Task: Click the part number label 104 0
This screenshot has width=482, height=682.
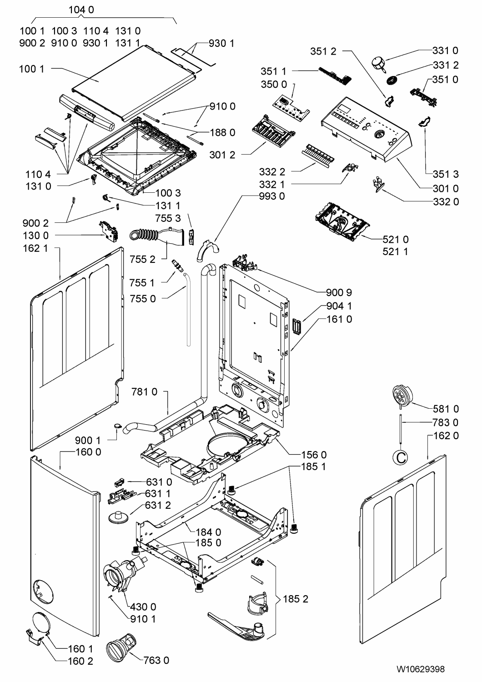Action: tap(81, 10)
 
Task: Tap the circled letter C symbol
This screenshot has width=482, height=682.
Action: tap(401, 457)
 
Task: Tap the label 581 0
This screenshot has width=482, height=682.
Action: tap(446, 409)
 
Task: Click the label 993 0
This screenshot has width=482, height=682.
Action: tap(272, 196)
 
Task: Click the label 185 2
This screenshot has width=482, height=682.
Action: tap(296, 599)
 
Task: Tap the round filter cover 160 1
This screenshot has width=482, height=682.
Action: tap(40, 622)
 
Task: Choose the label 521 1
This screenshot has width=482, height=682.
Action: tap(395, 251)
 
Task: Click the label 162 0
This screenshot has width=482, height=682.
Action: tap(446, 436)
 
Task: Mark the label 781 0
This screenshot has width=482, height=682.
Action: tap(144, 391)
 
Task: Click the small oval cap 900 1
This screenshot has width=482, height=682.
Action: tap(117, 426)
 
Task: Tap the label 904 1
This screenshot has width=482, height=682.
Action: tap(339, 306)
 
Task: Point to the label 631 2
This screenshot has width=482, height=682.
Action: tap(158, 505)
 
